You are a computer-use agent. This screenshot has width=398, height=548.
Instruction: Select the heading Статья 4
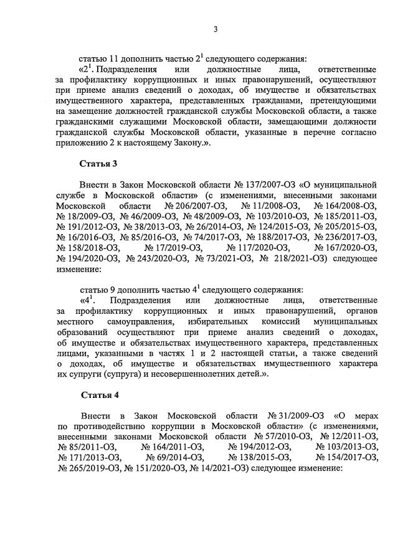click(x=100, y=395)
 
